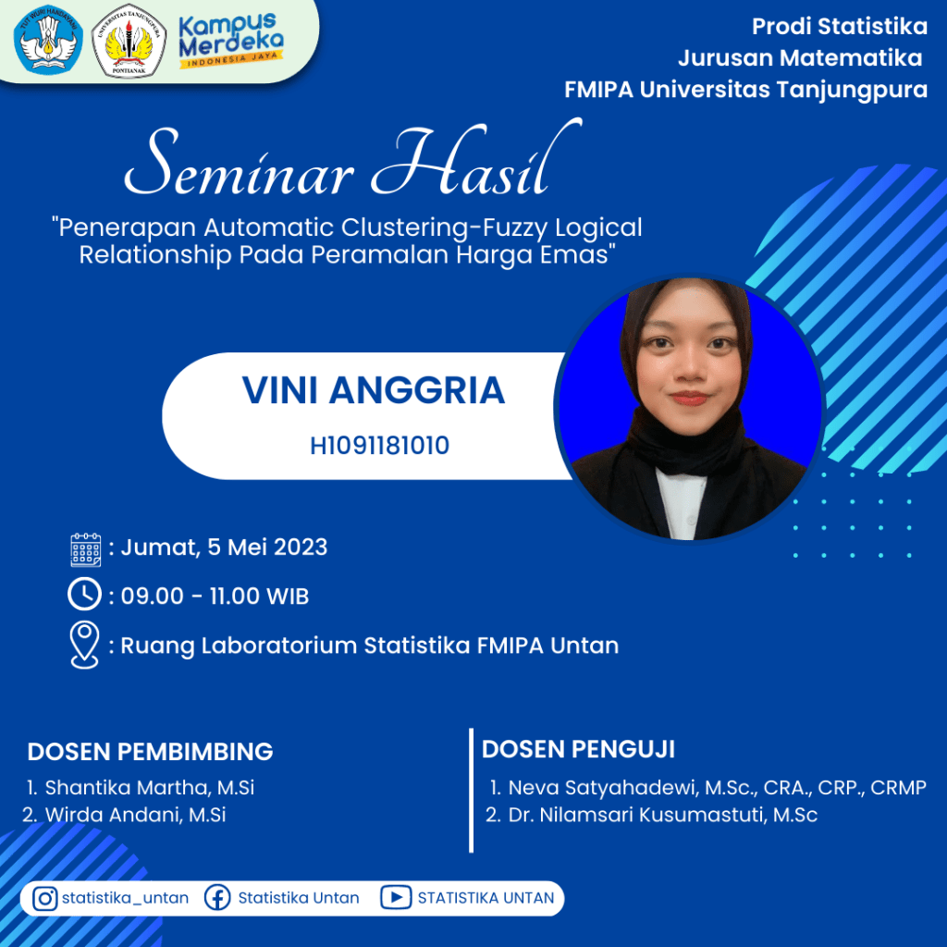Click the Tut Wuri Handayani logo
(48, 40)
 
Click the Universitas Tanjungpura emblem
(129, 41)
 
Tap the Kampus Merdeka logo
(231, 41)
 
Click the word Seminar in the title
(240, 164)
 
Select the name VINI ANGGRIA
(374, 390)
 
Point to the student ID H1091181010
(379, 446)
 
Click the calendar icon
(86, 549)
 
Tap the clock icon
(84, 595)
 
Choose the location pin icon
(84, 645)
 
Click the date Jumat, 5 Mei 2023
(224, 547)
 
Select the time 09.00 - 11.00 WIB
(215, 596)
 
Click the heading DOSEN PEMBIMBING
(151, 752)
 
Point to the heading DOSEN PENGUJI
(578, 749)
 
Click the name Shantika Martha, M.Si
(150, 788)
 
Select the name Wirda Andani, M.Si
(135, 815)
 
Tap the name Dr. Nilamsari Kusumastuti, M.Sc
(662, 815)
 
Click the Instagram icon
(44, 898)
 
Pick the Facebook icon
(217, 898)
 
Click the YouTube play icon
(396, 897)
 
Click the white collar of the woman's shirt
(681, 503)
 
